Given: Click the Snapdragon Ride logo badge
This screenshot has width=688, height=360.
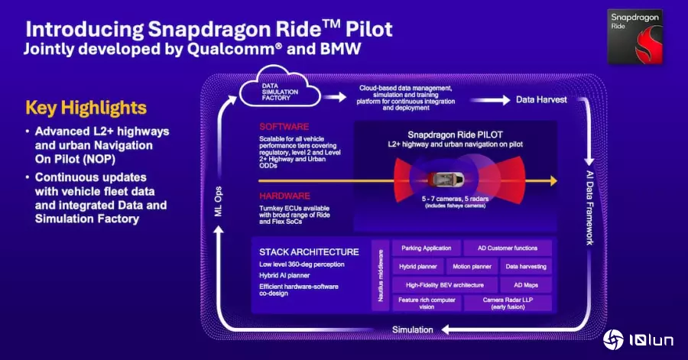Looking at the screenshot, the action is pos(635,37).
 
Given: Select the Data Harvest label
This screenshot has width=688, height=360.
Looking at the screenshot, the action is pos(541,99).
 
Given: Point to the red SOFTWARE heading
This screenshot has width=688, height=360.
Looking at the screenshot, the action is pos(284,127).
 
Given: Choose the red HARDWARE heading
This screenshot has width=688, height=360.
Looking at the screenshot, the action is pos(284,196).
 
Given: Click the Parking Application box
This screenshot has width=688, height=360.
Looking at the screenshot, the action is pos(426,248).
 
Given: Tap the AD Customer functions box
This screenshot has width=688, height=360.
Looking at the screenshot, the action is pos(508,248).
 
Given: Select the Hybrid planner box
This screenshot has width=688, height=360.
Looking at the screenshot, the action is pos(417,266).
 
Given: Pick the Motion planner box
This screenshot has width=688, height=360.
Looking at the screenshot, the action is pos(472,266).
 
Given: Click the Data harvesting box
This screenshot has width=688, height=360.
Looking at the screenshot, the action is pos(526,266).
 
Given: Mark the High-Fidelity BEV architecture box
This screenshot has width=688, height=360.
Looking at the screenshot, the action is pos(444,285).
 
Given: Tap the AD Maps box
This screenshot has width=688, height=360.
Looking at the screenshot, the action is pos(526,285).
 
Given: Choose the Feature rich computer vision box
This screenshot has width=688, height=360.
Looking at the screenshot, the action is pos(427,303).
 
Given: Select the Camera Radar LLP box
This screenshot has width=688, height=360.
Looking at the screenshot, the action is pos(508,303).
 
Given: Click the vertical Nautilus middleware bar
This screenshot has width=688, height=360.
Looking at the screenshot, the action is pos(381,275).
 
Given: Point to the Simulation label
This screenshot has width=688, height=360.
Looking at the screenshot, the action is pos(413,329).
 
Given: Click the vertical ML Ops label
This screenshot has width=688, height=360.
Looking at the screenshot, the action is pos(219,201).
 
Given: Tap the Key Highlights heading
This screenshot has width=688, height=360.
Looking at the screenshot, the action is pos(86,108).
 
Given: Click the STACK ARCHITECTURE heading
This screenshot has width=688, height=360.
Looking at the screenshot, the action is pos(309,252).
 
